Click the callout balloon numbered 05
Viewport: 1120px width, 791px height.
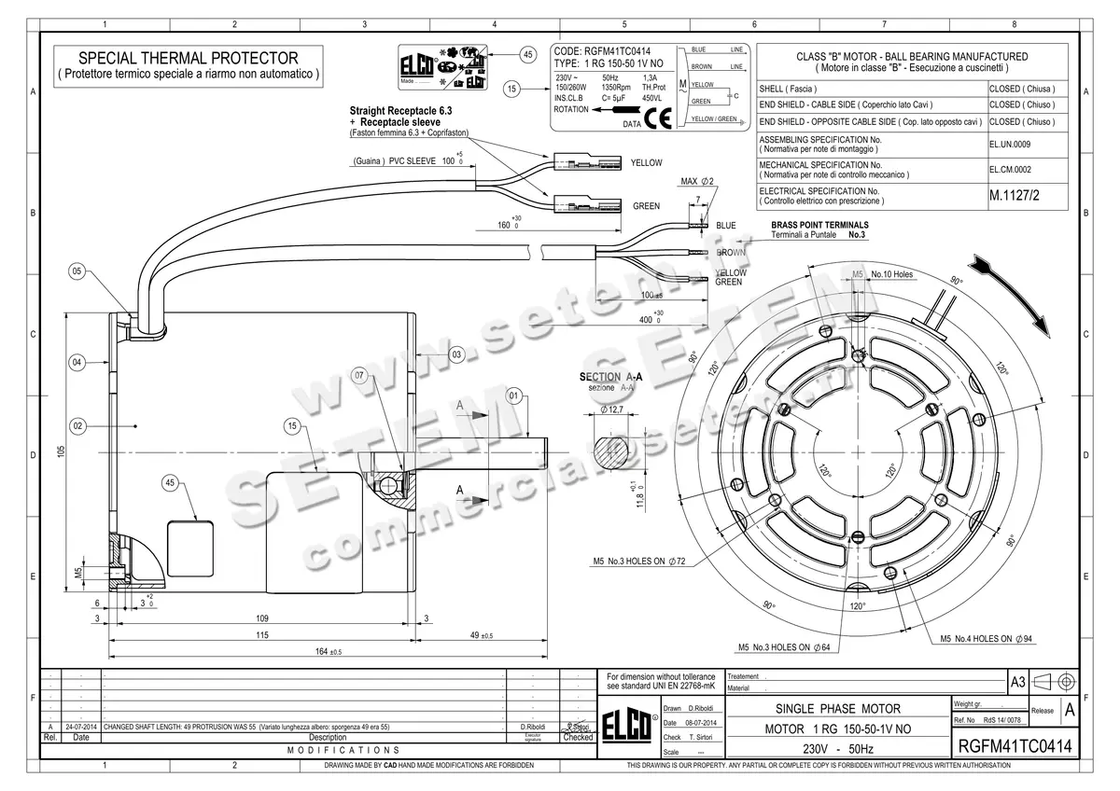pos(77,271)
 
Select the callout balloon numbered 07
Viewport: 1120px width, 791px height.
pos(362,374)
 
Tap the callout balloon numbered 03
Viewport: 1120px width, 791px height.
pos(456,354)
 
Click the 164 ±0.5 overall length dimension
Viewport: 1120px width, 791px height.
pos(329,652)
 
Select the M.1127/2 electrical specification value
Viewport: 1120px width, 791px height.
pos(1019,197)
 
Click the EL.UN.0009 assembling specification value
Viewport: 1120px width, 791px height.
pos(1010,145)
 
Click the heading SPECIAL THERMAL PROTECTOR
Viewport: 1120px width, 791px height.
pos(188,58)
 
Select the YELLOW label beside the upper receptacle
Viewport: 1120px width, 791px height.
pos(646,162)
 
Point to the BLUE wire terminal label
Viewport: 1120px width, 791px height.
pos(725,226)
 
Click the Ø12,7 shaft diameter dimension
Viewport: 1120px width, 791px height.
pos(612,409)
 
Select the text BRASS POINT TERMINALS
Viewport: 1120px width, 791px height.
pos(819,225)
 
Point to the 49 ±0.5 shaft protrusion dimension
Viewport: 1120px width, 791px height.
pos(483,635)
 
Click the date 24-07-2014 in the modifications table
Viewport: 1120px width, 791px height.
pos(81,726)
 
